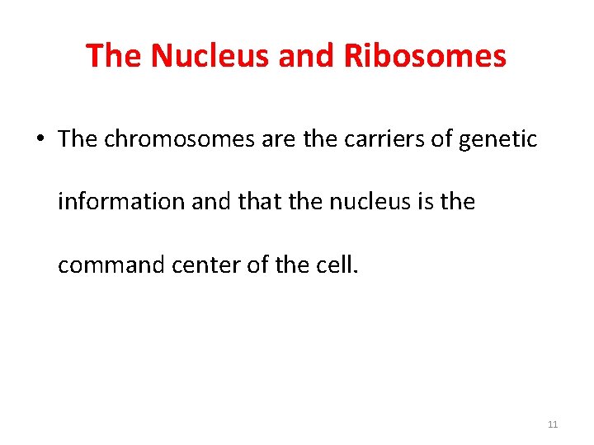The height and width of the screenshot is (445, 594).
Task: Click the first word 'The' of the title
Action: pos(114,56)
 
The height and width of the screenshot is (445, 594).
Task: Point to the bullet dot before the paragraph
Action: pos(40,139)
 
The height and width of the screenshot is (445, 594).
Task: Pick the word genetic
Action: pos(498,139)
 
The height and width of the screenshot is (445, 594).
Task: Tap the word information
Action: pos(121,202)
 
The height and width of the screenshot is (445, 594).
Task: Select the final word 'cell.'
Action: pos(337,265)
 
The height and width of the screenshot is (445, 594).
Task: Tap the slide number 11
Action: pos(552,424)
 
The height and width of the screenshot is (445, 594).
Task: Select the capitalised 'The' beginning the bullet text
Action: pos(78,138)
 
